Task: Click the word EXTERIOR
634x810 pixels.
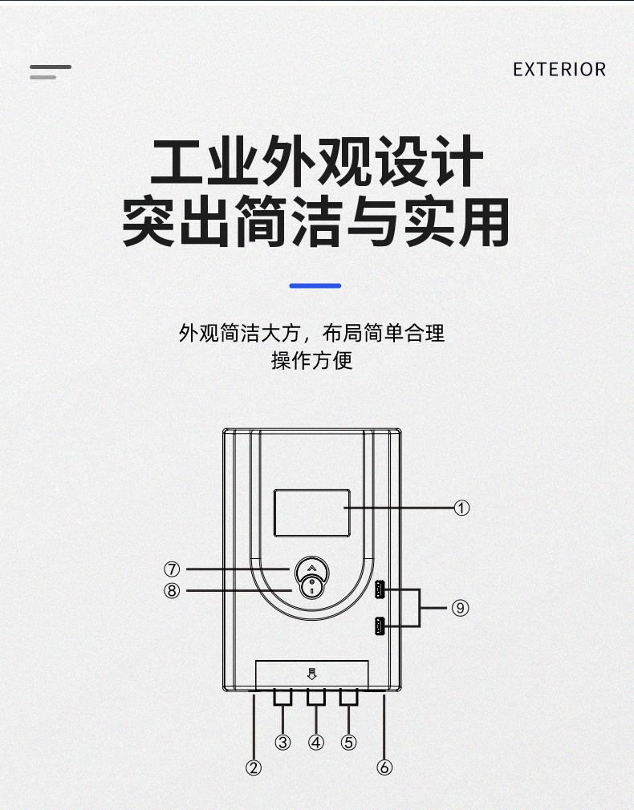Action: [559, 70]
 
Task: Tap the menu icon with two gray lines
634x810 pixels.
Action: [50, 72]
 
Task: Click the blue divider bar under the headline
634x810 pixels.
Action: [315, 286]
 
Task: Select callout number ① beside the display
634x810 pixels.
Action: [461, 508]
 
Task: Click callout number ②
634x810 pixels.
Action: [254, 767]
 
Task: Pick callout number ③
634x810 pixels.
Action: [282, 742]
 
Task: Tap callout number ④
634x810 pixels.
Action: [316, 742]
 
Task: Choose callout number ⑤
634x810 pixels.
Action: [348, 742]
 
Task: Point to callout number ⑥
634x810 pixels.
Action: [384, 767]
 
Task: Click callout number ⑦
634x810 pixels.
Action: [172, 569]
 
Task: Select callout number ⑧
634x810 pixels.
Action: [172, 592]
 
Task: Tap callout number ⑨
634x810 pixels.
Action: [460, 608]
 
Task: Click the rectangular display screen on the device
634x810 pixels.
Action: [312, 513]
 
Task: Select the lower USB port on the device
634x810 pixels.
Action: [378, 626]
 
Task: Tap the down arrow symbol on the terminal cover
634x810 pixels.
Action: [312, 674]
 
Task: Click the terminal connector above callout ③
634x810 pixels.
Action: [282, 698]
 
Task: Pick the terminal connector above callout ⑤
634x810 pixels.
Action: [348, 698]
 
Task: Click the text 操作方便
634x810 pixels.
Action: [312, 360]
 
